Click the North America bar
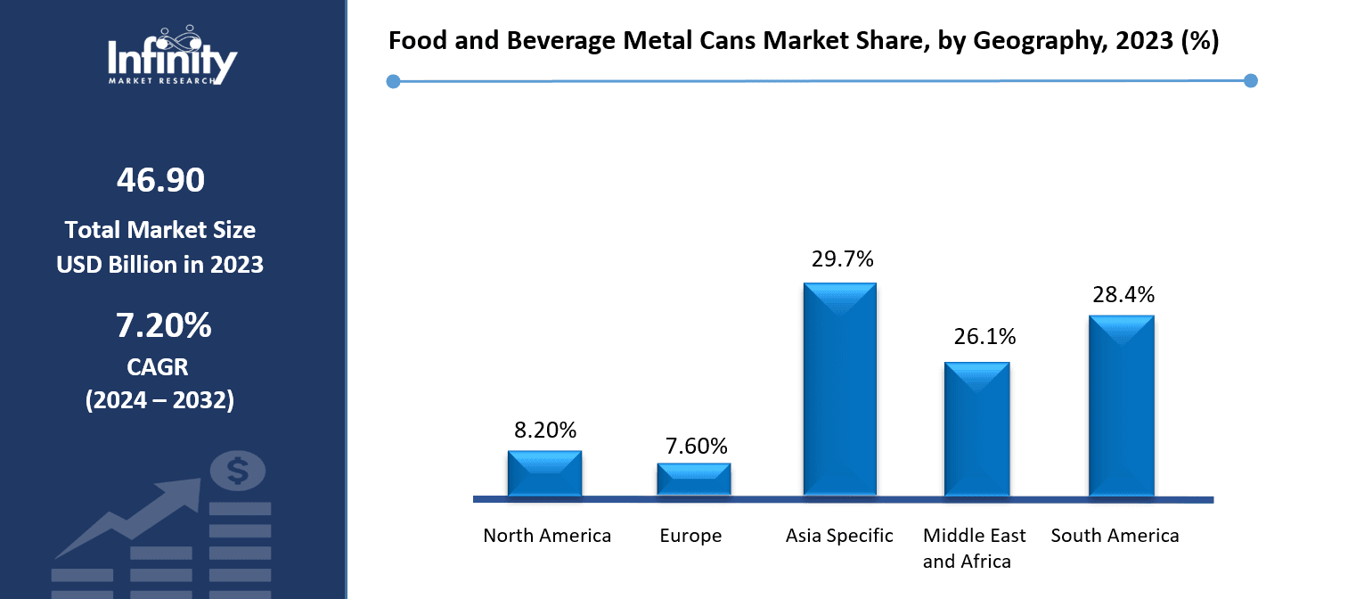click(x=544, y=473)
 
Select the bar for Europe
click(x=693, y=479)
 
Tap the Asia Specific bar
click(x=839, y=390)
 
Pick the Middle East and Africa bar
click(x=976, y=429)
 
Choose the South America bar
click(x=1121, y=406)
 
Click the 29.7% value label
click(x=842, y=259)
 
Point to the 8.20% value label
click(x=546, y=430)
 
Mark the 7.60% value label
click(x=695, y=446)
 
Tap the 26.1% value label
click(x=978, y=337)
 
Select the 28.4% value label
click(x=1123, y=294)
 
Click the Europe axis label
click(x=690, y=536)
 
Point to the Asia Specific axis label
click(x=839, y=536)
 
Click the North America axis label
click(x=547, y=536)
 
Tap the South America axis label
click(x=1115, y=536)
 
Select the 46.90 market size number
click(x=160, y=180)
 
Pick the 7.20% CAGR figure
click(x=163, y=326)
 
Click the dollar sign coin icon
click(x=237, y=471)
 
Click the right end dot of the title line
click(x=1250, y=81)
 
